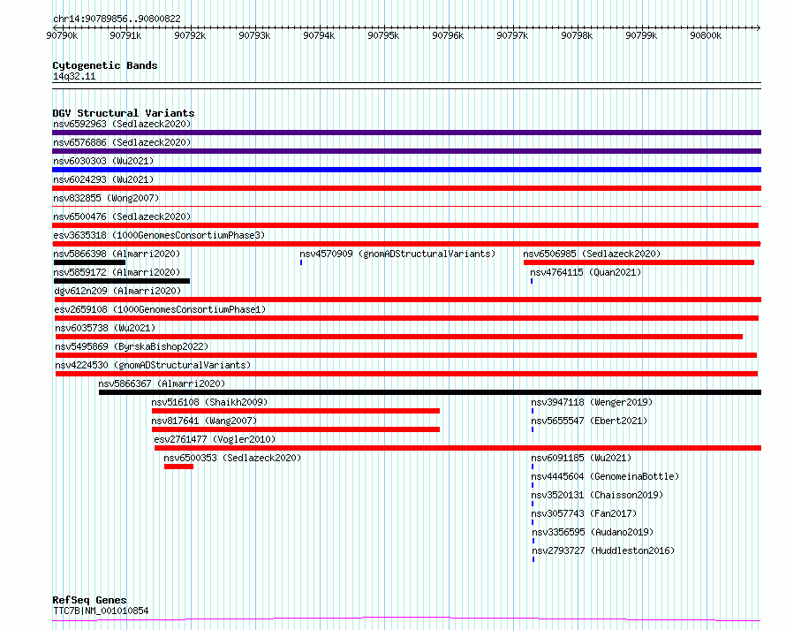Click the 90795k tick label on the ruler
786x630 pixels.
coord(383,35)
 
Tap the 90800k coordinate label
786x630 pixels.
coord(706,35)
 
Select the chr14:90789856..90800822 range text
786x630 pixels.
coord(117,19)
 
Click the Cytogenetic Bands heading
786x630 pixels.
coord(105,65)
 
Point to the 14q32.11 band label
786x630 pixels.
coord(74,76)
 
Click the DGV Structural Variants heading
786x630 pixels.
coord(124,113)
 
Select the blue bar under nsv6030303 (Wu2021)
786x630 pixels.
coord(406,170)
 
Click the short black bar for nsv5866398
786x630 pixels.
coord(90,262)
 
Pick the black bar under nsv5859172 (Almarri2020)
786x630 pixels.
coord(122,281)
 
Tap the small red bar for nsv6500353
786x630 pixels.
coord(178,467)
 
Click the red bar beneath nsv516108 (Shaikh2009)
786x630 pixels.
coord(296,411)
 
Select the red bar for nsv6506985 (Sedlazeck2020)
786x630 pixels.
coord(639,262)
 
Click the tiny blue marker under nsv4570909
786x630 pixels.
coord(301,262)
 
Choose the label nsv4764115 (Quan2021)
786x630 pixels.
coord(586,272)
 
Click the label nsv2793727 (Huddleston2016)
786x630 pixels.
coord(603,550)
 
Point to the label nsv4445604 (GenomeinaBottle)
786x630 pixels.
coord(605,476)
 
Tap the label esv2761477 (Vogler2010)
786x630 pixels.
coord(215,439)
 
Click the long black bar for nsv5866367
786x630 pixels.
coord(430,392)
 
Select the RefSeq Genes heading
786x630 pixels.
coord(90,600)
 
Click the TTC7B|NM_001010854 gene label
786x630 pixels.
coord(101,611)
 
